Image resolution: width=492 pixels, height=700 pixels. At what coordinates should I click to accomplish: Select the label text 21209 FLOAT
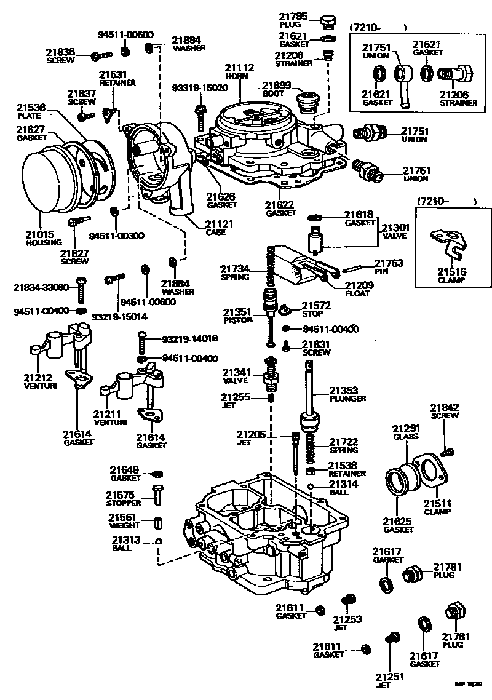[x=359, y=289]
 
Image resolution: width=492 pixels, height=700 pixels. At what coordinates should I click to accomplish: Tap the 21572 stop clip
[x=286, y=309]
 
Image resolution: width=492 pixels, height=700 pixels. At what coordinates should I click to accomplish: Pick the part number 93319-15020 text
[x=200, y=87]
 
